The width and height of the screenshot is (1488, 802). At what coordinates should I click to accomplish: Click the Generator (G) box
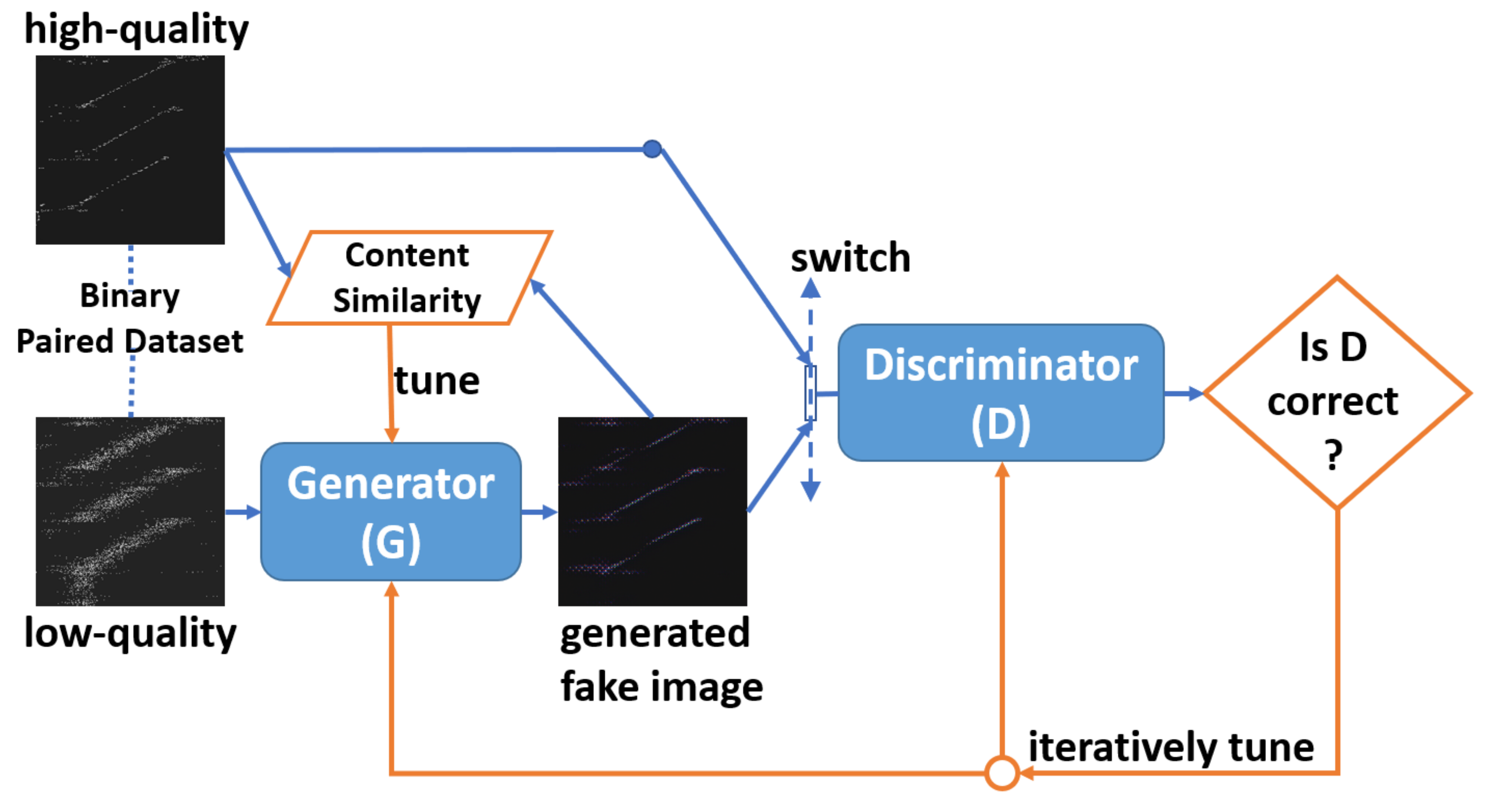click(x=390, y=511)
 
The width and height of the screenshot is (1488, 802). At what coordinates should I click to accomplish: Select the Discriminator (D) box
click(x=1001, y=393)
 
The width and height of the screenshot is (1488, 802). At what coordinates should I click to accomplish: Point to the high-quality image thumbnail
click(x=130, y=150)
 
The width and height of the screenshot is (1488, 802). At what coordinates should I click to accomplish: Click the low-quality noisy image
click(x=130, y=511)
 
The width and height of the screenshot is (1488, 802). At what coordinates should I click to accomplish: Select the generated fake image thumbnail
click(x=652, y=511)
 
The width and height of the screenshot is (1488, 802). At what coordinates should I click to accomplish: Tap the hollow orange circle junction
click(x=1001, y=772)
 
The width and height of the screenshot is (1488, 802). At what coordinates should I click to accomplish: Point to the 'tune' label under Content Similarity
click(x=437, y=381)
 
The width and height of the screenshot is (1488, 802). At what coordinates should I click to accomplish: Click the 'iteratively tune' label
click(x=1171, y=747)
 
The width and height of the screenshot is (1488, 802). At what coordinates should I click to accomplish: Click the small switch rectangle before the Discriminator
click(x=810, y=393)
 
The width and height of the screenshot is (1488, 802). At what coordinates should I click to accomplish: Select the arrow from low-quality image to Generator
click(x=243, y=512)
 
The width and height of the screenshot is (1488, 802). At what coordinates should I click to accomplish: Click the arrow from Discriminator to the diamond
click(x=1183, y=393)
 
